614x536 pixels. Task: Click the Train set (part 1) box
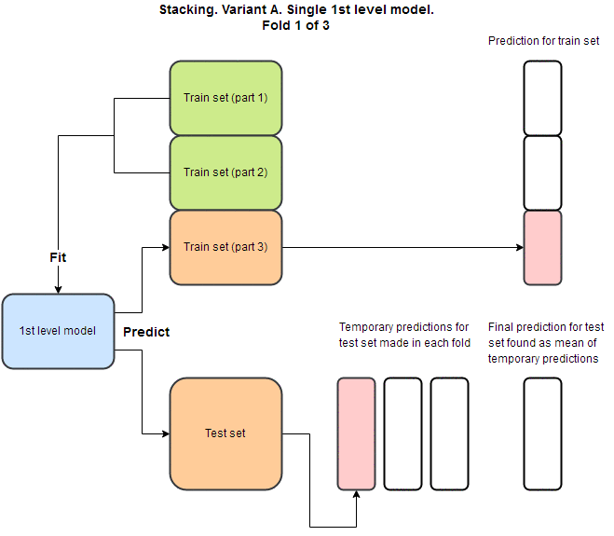coord(225,98)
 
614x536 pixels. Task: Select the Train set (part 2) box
coord(225,172)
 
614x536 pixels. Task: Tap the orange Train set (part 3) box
coord(225,247)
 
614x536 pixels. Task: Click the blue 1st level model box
coord(58,330)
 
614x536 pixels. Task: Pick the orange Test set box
coord(225,433)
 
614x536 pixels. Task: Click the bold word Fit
coord(58,256)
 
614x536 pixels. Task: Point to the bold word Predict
coord(146,332)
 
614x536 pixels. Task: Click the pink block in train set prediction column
coord(542,247)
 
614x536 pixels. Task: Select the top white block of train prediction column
coord(542,98)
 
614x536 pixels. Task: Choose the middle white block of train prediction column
coord(542,172)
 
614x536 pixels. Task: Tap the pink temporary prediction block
coord(356,433)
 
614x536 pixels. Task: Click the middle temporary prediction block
coord(403,433)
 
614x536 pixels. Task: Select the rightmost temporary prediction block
coord(449,433)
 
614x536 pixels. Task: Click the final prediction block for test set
coord(542,433)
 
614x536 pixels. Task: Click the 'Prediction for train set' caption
coord(543,41)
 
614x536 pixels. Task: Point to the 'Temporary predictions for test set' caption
coord(403,335)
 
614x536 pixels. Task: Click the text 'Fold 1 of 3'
coord(296,25)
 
